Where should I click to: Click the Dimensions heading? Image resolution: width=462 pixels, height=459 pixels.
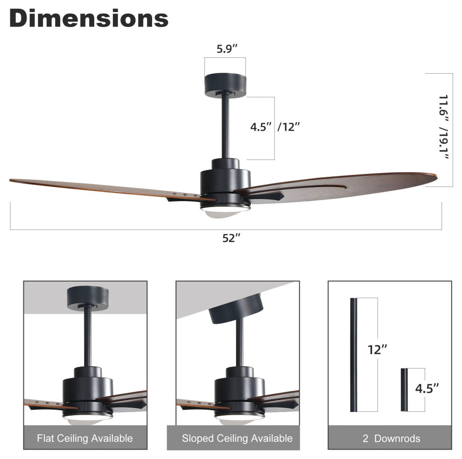(89, 18)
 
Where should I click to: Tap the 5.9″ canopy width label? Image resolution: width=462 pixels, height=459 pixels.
(227, 49)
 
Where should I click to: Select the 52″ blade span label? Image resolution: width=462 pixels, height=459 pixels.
(231, 238)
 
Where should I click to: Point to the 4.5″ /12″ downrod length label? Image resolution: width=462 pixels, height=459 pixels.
(275, 127)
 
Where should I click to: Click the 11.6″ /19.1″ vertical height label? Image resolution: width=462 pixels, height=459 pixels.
(443, 127)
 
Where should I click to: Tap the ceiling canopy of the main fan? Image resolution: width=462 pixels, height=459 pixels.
(225, 85)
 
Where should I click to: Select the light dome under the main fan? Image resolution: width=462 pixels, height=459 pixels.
(225, 211)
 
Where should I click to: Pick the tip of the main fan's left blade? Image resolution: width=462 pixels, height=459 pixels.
(10, 180)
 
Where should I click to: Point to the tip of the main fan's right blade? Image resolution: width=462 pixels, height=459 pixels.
(436, 176)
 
